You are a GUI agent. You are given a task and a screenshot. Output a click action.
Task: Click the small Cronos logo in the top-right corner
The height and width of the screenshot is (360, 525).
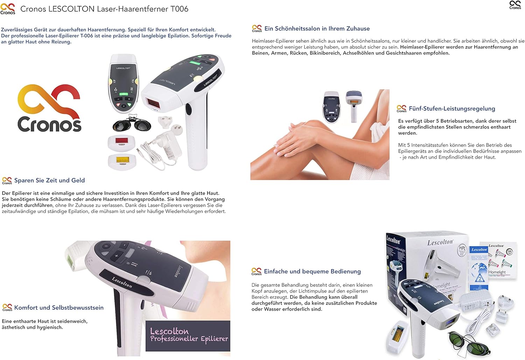pos(515,5)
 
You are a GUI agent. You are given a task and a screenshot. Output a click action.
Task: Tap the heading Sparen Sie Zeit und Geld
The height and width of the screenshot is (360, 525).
pos(49,180)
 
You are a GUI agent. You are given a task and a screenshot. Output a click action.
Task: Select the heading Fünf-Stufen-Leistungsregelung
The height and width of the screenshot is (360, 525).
pos(451,109)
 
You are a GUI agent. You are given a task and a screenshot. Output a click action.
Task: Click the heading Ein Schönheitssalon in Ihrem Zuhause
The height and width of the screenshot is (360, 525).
pos(317,29)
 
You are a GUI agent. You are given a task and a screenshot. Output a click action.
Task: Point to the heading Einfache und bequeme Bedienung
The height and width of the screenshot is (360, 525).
pos(312,271)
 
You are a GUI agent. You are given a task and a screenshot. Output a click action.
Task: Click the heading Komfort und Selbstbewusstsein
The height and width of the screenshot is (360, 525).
pos(59,307)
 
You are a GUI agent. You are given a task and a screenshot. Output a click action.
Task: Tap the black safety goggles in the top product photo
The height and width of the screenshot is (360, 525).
pos(132,124)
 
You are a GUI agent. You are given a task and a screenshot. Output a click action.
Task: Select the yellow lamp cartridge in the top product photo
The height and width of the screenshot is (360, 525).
pos(122,161)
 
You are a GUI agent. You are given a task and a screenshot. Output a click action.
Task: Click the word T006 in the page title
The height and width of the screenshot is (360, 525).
pos(179,9)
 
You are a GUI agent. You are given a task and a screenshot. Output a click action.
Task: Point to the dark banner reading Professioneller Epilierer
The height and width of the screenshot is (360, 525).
pos(188,335)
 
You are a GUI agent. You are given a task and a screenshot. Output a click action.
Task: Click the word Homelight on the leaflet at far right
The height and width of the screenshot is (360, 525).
pos(497,272)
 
